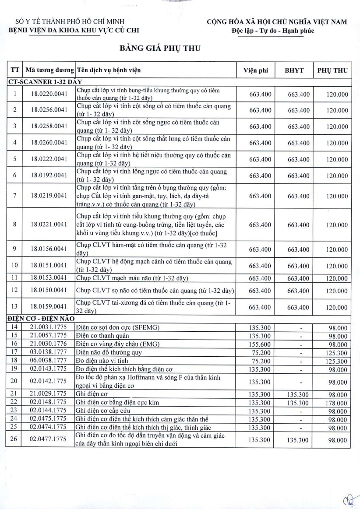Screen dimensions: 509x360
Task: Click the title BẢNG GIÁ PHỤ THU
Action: (x=160, y=49)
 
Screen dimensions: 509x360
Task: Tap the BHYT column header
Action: (x=300, y=70)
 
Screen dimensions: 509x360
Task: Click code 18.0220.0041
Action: (x=49, y=94)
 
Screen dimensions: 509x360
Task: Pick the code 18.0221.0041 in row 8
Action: (x=49, y=225)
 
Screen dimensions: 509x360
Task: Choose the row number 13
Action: (x=14, y=306)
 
